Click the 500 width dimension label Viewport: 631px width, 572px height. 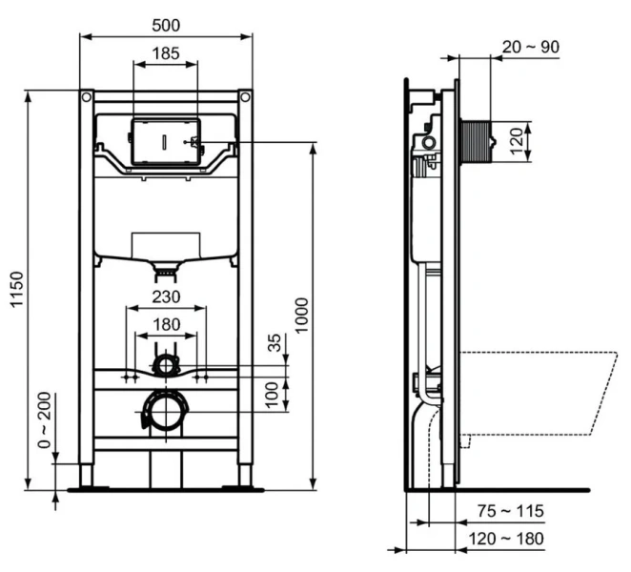[x=166, y=23]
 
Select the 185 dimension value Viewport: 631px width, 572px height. [x=166, y=53]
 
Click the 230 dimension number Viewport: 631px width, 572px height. [x=166, y=296]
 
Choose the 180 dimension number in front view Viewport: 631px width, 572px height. [x=166, y=324]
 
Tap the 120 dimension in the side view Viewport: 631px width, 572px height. [x=518, y=141]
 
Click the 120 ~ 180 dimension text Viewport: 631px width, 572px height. [x=505, y=539]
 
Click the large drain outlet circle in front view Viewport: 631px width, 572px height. [x=166, y=413]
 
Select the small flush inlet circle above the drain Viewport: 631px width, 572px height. [x=167, y=364]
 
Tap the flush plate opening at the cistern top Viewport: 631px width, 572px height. [x=166, y=140]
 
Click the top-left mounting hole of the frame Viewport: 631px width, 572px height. [x=87, y=97]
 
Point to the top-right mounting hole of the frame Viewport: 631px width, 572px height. [x=245, y=97]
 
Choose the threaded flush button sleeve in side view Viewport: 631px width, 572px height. [x=478, y=140]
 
